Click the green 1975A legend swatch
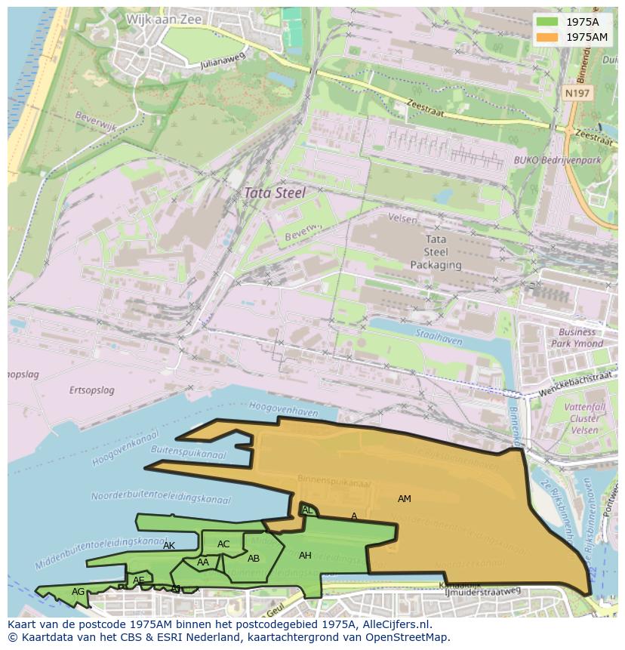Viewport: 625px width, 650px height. click(549, 22)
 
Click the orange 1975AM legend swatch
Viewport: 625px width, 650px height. click(549, 37)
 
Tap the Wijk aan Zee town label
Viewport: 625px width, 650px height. click(165, 20)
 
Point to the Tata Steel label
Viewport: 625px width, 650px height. click(274, 193)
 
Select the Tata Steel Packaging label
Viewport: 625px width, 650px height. click(436, 252)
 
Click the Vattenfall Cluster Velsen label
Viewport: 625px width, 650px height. click(585, 418)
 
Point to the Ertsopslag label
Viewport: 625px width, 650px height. click(91, 390)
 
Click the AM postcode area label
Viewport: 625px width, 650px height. click(405, 499)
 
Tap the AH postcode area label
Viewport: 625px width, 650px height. click(305, 556)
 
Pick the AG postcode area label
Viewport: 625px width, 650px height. click(79, 592)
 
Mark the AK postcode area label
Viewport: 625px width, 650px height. click(169, 546)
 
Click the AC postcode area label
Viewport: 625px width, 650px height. click(223, 544)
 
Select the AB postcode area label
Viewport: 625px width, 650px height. click(254, 559)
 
